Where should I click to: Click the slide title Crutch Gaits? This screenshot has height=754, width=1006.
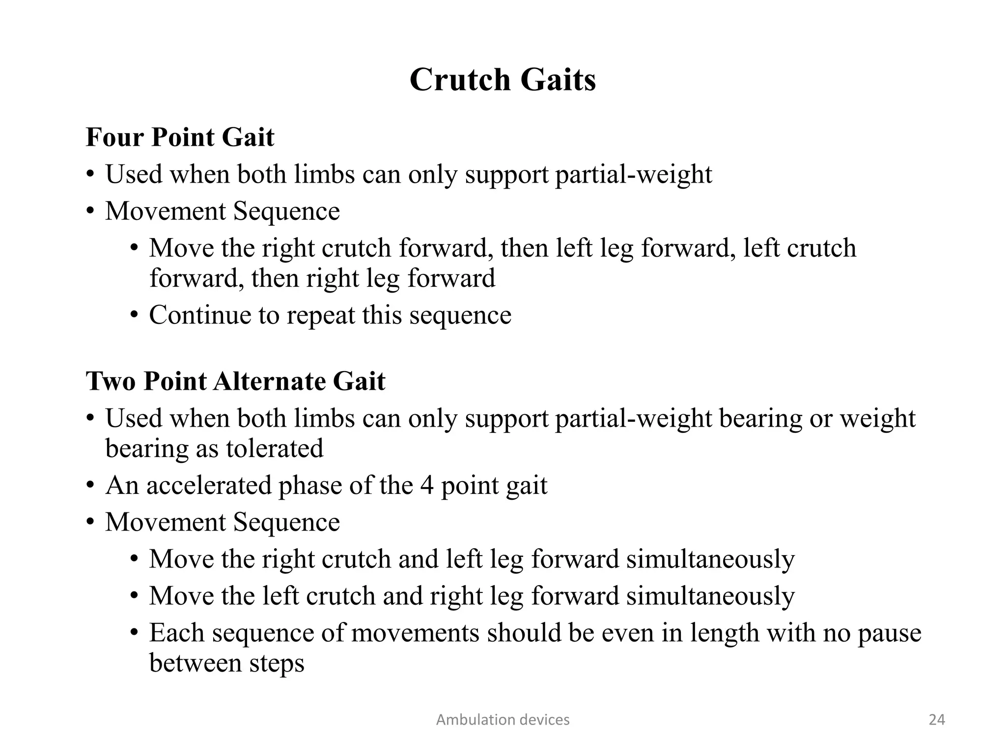503,80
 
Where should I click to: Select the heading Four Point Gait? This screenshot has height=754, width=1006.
180,137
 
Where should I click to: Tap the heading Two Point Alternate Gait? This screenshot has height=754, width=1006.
235,381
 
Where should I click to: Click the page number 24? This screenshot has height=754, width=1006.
937,720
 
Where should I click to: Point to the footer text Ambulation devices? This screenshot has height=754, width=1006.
503,720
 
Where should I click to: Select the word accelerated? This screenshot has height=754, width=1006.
208,485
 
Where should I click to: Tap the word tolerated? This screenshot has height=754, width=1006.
274,449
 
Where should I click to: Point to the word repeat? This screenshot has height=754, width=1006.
320,316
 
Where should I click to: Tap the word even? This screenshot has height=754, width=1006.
627,633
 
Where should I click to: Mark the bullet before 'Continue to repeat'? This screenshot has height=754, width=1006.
135,315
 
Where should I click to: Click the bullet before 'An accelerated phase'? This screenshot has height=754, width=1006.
90,485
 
